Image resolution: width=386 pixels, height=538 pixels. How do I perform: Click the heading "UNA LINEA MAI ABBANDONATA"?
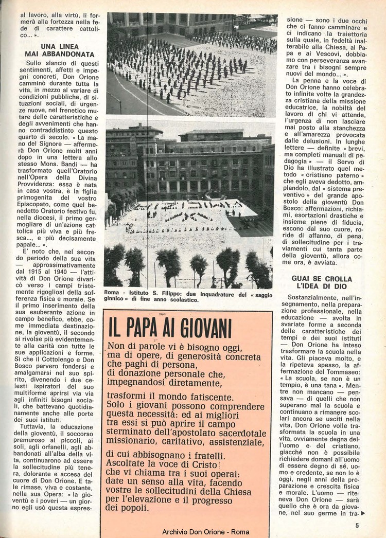tap(60, 50)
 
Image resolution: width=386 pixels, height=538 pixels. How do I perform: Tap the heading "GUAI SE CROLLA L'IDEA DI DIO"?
tap(322, 282)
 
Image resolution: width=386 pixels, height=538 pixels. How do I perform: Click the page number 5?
tap(357, 525)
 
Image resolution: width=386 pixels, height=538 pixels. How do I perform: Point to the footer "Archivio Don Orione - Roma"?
tap(205, 532)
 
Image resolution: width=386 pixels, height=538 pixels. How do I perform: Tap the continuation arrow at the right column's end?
tap(363, 513)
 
